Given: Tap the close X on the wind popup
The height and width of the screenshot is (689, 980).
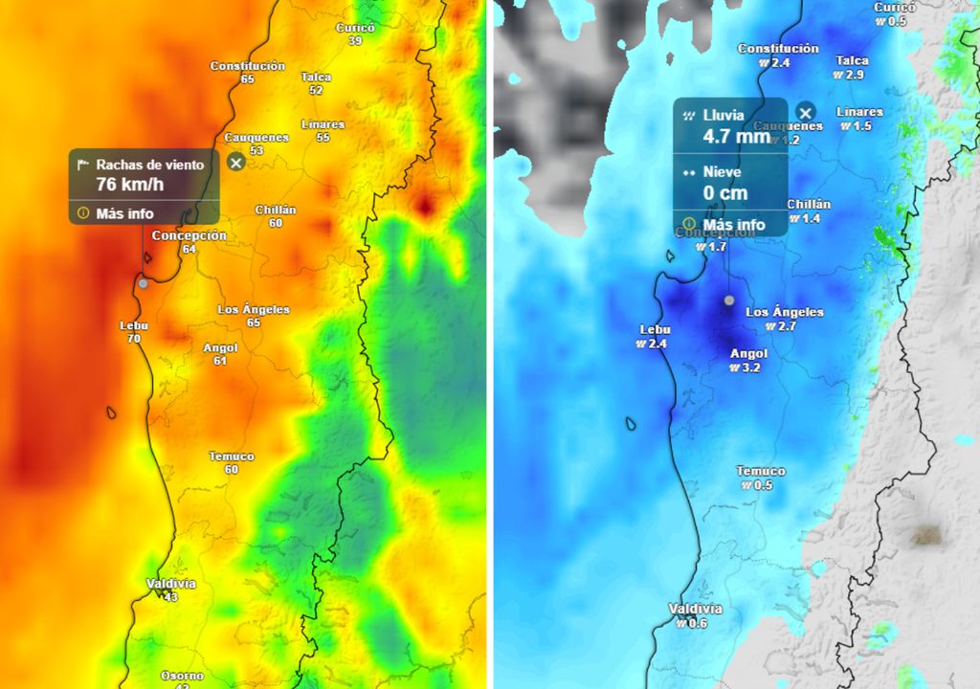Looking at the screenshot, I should pyautogui.click(x=236, y=163).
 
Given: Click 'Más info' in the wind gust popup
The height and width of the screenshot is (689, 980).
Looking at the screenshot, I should pyautogui.click(x=124, y=213).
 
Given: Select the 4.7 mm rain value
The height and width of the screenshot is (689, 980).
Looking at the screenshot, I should pyautogui.click(x=737, y=136).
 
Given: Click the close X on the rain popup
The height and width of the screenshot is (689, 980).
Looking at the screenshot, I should pyautogui.click(x=806, y=111).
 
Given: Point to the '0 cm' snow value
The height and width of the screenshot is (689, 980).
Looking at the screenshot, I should pyautogui.click(x=724, y=192).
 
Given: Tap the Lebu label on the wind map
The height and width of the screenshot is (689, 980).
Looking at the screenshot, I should pyautogui.click(x=134, y=325).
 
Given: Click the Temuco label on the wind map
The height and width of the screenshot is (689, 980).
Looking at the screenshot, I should pyautogui.click(x=231, y=456).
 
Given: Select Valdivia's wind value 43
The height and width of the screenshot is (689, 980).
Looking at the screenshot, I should pyautogui.click(x=170, y=597).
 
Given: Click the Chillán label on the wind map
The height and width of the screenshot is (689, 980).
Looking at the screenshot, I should pyautogui.click(x=276, y=210).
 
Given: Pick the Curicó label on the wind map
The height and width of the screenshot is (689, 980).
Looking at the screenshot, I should pyautogui.click(x=355, y=28).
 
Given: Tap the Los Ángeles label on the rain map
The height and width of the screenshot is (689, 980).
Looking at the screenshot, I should pyautogui.click(x=784, y=312).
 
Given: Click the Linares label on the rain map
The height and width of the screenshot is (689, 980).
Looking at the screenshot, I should pyautogui.click(x=859, y=112).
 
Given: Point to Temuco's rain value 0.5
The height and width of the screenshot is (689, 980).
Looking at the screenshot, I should pyautogui.click(x=761, y=485).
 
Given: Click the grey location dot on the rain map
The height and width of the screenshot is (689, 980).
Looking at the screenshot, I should pyautogui.click(x=729, y=300).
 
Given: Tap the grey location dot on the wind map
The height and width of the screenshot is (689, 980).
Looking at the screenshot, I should pyautogui.click(x=143, y=283).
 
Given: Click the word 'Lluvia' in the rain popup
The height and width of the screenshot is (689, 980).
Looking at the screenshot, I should pyautogui.click(x=724, y=115).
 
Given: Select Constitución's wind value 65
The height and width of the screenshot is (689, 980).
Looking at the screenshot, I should pyautogui.click(x=248, y=79).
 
